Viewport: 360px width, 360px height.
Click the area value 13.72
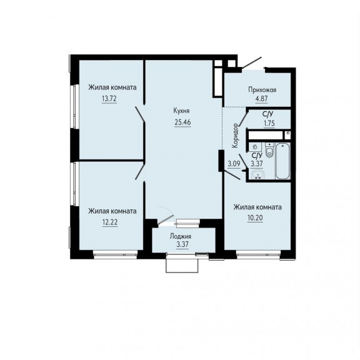tap(109, 99)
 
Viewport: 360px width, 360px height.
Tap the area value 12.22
tap(110, 222)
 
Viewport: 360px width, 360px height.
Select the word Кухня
tap(182, 111)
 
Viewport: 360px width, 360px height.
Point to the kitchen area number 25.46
tap(182, 122)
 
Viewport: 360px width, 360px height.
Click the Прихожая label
tap(262, 90)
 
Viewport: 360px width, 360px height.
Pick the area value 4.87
tap(262, 99)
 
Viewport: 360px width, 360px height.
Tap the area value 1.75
tap(269, 123)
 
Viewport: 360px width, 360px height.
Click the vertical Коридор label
tap(236, 136)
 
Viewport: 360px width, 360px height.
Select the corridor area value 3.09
tap(234, 164)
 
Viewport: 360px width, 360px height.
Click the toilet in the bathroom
tap(269, 150)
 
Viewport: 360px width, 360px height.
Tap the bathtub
tap(282, 161)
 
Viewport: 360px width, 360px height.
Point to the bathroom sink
tap(258, 174)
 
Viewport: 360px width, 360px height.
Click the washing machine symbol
tap(255, 147)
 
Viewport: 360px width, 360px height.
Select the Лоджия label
tap(181, 236)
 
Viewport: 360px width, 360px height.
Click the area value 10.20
tap(255, 217)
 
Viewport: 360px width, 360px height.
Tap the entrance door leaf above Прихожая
tap(252, 62)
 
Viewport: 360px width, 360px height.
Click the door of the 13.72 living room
tap(140, 114)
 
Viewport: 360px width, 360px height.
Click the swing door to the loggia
tap(166, 219)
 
